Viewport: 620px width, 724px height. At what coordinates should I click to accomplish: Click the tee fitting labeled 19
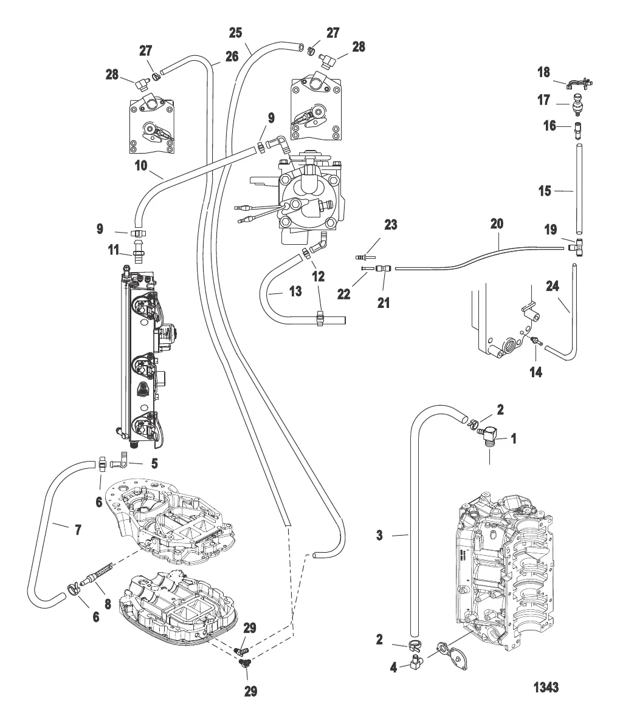[x=573, y=247]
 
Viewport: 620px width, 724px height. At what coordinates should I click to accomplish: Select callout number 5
[x=154, y=463]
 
